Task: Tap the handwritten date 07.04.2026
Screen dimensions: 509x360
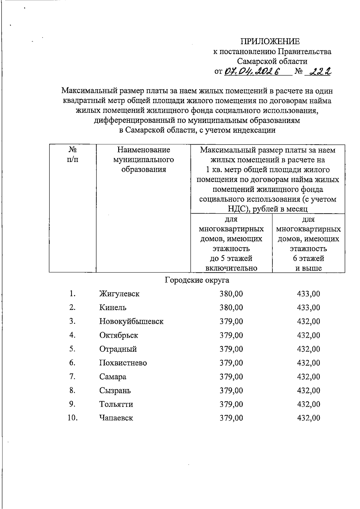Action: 252,71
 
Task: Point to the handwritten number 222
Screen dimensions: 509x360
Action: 320,71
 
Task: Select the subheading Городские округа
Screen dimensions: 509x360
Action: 197,280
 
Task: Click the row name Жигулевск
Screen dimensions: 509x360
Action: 119,294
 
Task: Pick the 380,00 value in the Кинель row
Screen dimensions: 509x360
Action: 231,307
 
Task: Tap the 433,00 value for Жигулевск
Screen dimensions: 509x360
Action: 308,294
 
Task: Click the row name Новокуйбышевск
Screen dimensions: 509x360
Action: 131,322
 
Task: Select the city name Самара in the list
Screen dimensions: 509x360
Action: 113,377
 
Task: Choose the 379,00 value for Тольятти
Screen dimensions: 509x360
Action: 231,404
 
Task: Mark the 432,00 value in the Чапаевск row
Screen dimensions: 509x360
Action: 308,418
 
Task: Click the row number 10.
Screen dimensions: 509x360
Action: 72,418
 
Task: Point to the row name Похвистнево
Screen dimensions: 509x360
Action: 123,363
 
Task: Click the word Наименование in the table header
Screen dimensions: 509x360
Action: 143,150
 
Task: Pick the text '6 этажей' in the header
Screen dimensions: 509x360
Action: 308,258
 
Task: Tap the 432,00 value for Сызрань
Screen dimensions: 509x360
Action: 308,391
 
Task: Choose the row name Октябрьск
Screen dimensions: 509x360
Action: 119,335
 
